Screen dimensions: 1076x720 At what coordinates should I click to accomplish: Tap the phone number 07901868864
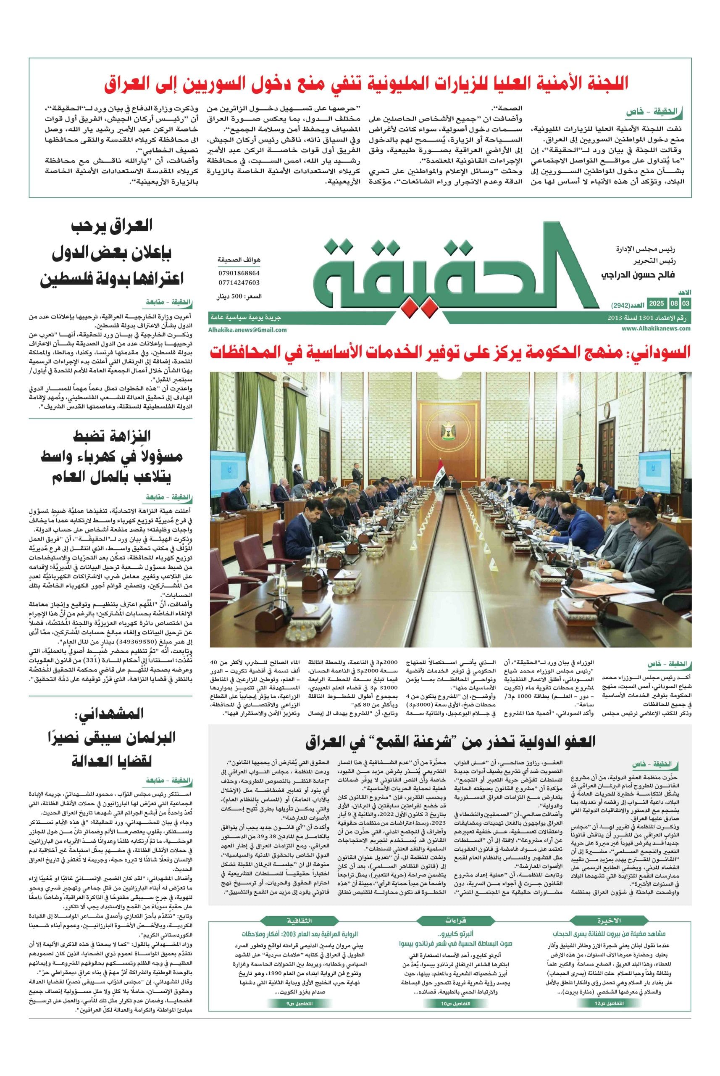pyautogui.click(x=239, y=273)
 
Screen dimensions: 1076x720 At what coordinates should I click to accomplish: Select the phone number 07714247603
pyautogui.click(x=239, y=282)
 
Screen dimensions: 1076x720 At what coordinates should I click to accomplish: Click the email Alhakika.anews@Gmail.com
pyautogui.click(x=247, y=330)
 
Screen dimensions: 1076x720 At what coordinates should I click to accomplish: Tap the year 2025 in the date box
pyautogui.click(x=657, y=304)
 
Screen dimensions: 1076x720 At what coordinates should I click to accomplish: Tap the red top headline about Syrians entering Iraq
pyautogui.click(x=365, y=83)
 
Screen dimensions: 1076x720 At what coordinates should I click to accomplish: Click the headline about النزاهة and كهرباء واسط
pyautogui.click(x=112, y=457)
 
